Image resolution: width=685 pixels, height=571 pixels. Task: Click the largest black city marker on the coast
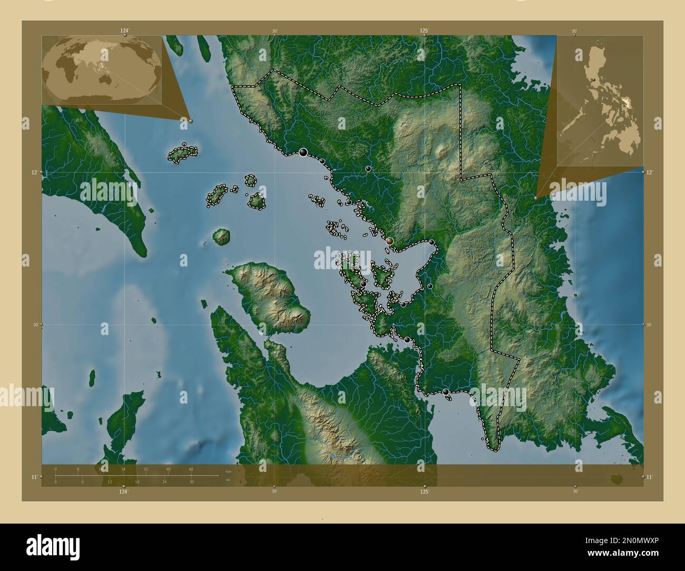[303, 153]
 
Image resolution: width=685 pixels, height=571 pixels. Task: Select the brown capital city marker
[389, 241]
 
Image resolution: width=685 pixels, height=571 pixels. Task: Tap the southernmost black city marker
[446, 392]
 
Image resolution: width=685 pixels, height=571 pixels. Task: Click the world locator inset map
[102, 70]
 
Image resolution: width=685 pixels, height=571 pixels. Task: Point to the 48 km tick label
[191, 469]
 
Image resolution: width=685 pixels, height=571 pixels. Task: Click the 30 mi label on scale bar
[192, 481]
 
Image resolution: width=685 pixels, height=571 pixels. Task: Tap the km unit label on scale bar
[228, 471]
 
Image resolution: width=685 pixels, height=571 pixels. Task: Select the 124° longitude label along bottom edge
[123, 491]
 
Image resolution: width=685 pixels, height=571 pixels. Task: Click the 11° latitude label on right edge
[650, 477]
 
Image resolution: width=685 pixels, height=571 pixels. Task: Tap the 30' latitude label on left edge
[36, 325]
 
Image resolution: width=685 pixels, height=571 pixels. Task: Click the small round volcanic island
[222, 237]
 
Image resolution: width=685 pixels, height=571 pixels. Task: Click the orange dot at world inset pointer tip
[191, 121]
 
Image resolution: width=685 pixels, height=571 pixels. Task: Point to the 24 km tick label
[123, 469]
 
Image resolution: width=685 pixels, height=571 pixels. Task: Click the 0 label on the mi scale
[55, 481]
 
